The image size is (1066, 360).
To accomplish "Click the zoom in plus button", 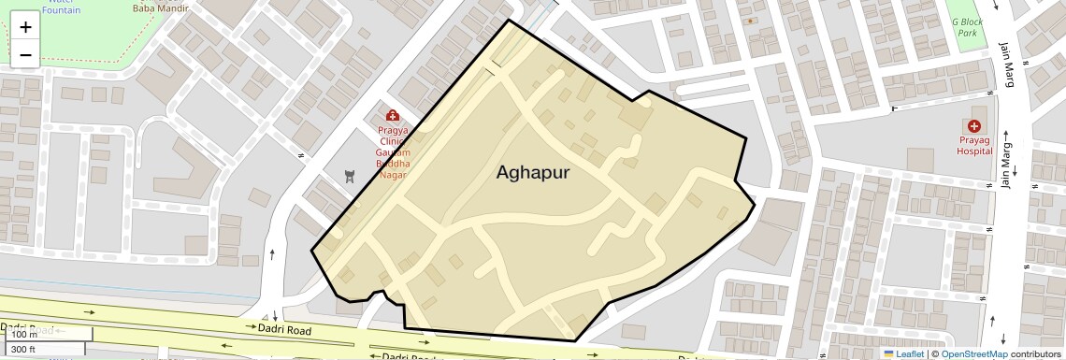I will click(x=25, y=27).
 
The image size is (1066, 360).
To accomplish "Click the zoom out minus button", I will click(x=25, y=55).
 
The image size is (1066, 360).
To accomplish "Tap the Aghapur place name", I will click(x=532, y=172).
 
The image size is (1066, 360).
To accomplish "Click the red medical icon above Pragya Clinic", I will click(x=393, y=115).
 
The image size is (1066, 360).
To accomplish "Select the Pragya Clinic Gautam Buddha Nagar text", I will click(x=393, y=152).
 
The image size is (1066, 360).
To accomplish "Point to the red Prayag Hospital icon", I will click(x=974, y=126).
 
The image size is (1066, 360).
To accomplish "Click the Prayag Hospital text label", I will click(x=974, y=145).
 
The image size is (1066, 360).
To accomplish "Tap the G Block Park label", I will click(x=965, y=27).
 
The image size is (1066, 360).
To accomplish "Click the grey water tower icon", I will click(x=350, y=176).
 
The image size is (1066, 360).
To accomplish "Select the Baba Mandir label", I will click(x=154, y=7).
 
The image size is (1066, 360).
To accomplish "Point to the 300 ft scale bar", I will click(x=36, y=349).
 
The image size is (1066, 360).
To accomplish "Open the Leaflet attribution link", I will click(x=903, y=353).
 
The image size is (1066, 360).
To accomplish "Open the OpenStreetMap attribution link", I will click(x=973, y=353).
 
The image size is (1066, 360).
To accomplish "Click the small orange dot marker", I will click(x=750, y=20).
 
